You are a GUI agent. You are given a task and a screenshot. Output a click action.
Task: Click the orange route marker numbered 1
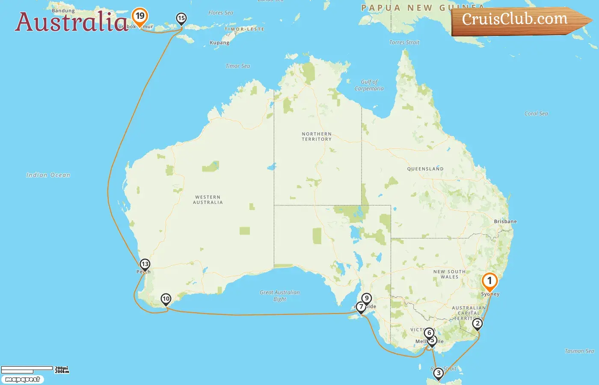489,281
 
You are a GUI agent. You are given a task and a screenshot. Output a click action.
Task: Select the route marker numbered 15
181,18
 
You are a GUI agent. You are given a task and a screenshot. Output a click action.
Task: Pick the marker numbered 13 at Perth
145,264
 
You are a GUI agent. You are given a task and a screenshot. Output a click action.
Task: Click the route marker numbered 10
166,299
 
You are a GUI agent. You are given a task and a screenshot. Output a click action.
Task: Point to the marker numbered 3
438,373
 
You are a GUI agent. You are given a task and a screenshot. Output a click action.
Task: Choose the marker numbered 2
477,323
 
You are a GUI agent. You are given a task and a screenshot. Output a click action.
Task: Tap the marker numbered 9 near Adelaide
366,298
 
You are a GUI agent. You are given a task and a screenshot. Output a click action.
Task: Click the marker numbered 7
361,307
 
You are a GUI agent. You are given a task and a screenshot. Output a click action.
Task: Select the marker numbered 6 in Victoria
429,333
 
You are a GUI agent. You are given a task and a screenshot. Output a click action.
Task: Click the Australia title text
71,22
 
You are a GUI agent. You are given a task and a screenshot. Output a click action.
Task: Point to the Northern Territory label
317,136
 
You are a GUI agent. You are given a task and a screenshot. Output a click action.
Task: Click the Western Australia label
208,200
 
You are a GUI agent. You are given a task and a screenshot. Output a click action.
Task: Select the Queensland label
425,169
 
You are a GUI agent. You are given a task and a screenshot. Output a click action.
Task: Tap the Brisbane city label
505,222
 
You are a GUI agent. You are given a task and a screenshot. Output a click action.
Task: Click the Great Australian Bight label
280,296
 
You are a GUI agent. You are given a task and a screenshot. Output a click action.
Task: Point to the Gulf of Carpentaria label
369,85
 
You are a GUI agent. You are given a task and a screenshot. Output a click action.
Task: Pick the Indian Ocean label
48,175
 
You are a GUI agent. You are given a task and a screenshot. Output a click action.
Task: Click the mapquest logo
23,379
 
